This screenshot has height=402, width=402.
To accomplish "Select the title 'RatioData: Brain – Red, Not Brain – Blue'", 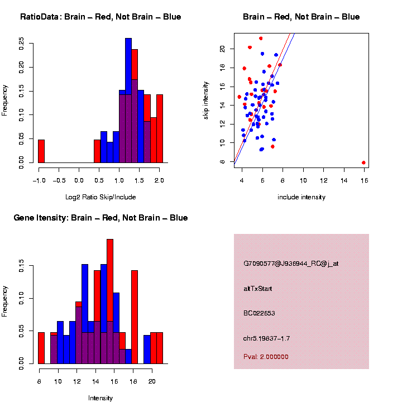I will coord(100,17).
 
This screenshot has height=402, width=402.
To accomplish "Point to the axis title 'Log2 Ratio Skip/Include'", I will coord(100,197).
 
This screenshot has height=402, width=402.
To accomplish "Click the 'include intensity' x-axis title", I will coord(301,197).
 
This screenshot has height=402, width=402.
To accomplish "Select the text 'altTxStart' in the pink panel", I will coord(257,289).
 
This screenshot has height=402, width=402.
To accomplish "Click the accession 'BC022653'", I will coord(259,313).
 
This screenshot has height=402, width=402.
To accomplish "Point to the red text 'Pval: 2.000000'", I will coord(266,356).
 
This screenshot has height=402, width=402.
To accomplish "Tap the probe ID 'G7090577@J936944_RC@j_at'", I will coord(290,264).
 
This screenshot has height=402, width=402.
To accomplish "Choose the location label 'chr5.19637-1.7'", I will coord(266,338).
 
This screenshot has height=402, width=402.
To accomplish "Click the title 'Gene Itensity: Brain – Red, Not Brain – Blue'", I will coord(100,218).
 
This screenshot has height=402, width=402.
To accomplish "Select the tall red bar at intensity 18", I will coord(134,317).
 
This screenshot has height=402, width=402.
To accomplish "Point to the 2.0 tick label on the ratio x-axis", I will coord(160,180).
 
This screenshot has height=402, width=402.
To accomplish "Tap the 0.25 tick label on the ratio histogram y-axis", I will coord(21,44).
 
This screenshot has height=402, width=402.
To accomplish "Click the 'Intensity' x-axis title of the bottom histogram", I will coord(100,398).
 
